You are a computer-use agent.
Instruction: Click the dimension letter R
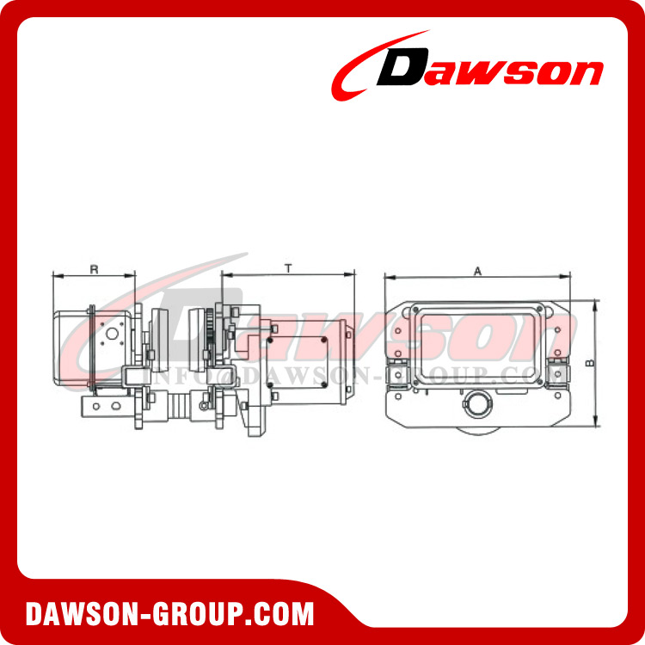pos(94,269)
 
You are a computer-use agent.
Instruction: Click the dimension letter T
pos(288,268)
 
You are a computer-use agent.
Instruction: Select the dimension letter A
pos(477,270)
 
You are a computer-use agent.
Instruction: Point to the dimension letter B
pos(589,363)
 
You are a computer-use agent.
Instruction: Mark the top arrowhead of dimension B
pos(596,303)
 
